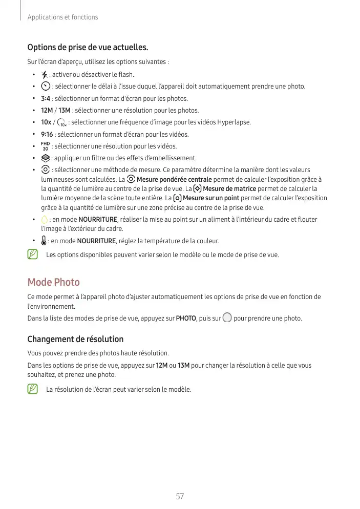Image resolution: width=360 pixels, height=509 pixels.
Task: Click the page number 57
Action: coord(180,496)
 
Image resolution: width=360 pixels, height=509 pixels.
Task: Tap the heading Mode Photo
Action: coord(53,282)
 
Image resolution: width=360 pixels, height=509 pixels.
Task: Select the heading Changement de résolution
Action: coord(75,339)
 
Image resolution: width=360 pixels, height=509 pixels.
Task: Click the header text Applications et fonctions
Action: coord(62,17)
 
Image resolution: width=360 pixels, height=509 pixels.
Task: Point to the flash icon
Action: coord(45,75)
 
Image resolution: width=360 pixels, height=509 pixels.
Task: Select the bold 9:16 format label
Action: coord(48,135)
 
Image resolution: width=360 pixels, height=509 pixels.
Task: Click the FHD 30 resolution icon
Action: coord(45,146)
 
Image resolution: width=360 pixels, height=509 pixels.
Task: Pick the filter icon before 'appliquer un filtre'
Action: coord(45,158)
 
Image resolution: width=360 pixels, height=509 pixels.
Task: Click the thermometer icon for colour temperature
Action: coord(45,241)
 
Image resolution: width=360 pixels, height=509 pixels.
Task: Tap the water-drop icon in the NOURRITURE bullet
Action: coord(45,220)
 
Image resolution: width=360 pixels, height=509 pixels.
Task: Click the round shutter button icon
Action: coord(227,318)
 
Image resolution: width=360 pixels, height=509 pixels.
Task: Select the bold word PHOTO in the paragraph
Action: coord(186,319)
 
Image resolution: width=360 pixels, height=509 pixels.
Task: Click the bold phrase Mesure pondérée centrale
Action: coord(174,180)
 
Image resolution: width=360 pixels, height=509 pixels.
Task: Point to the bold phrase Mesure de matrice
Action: coord(229,189)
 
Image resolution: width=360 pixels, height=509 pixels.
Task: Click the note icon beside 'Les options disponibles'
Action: coord(33,254)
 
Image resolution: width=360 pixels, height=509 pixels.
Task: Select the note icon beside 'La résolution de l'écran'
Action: coord(33,389)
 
